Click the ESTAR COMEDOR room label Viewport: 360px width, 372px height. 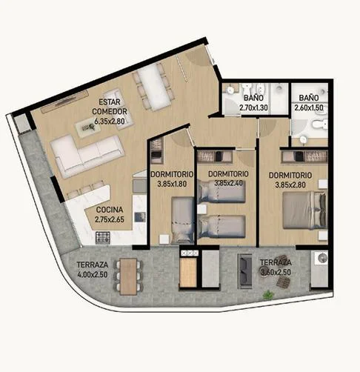(110, 107)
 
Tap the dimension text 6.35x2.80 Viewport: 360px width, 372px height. (110, 121)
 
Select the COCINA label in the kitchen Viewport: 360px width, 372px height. (110, 210)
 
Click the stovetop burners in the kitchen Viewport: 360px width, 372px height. (103, 237)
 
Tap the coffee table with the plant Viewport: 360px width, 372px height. (88, 127)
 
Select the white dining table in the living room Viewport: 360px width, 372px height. (153, 87)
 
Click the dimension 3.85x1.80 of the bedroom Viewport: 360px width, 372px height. (172, 184)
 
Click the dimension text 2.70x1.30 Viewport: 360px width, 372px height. (253, 107)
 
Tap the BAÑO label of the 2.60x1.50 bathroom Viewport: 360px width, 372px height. (309, 98)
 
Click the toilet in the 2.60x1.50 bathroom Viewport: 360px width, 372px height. (319, 124)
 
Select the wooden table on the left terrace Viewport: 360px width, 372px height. (128, 276)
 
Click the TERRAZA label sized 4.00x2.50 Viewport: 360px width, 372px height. (93, 265)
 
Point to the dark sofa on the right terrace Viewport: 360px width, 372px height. (245, 271)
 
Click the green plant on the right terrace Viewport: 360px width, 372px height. (268, 295)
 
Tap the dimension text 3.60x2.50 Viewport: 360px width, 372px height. (276, 272)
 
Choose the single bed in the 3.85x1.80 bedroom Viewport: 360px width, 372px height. (183, 220)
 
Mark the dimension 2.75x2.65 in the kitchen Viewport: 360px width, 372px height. (110, 219)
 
